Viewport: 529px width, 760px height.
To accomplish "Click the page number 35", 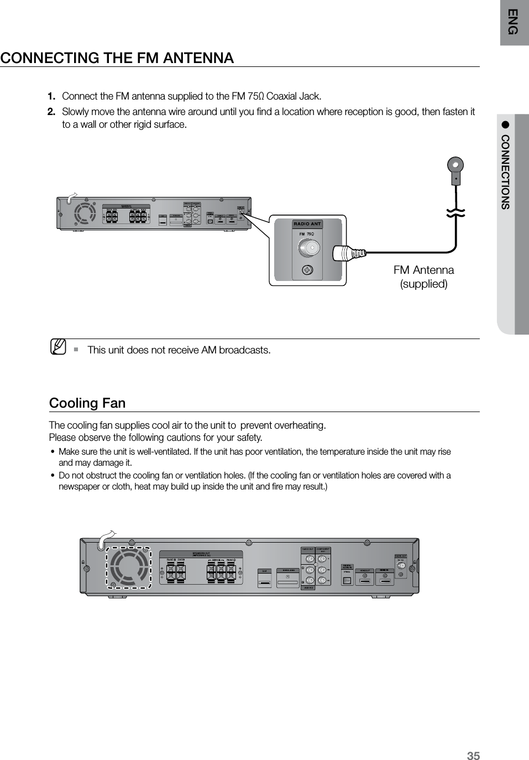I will pos(473,755).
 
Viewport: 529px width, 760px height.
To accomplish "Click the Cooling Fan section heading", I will pos(87,403).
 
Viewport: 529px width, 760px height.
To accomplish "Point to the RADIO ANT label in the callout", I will pos(307,224).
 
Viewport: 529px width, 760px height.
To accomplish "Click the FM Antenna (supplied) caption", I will pos(423,277).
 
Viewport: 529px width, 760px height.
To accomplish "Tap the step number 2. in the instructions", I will pos(51,112).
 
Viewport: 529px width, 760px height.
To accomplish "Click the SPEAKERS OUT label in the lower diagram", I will pos(201,553).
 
